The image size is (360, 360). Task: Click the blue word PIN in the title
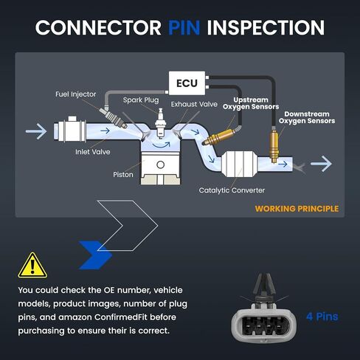tap(184, 27)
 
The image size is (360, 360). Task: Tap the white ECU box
tap(187, 83)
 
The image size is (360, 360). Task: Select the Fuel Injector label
tap(76, 94)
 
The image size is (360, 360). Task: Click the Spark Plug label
tap(141, 100)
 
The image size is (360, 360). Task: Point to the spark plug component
tap(161, 122)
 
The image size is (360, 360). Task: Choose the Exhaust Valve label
tap(194, 104)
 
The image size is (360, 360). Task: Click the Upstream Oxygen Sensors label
tap(251, 103)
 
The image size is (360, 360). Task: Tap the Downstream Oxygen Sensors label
tap(307, 117)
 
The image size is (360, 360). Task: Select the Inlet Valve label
tap(93, 152)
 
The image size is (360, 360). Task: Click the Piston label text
tap(123, 175)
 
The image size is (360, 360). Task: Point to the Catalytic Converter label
tap(232, 190)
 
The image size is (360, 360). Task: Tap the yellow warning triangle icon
tap(32, 266)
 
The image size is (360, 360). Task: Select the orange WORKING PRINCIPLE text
tap(297, 209)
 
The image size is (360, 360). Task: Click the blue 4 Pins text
tap(322, 316)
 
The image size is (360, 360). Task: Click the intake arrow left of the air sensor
tap(36, 131)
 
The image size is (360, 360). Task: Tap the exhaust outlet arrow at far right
tap(321, 164)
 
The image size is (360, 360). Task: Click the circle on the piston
tap(160, 165)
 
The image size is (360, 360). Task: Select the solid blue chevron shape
tap(96, 255)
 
